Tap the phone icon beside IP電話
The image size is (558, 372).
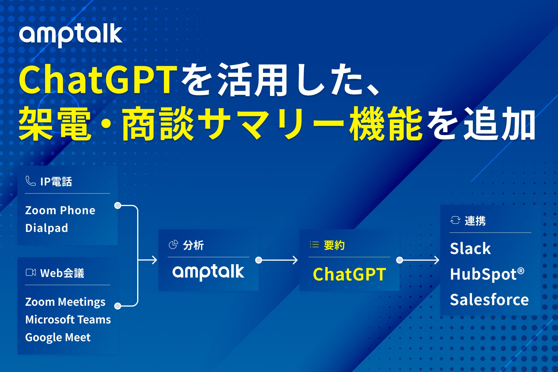(31, 181)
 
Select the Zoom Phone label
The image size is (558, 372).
(60, 210)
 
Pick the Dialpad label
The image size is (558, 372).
(46, 228)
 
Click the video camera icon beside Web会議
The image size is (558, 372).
(31, 272)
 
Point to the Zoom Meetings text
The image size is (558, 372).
(65, 302)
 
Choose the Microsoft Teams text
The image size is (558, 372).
(68, 319)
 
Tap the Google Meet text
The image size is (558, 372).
(58, 337)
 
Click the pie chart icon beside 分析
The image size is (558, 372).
(173, 245)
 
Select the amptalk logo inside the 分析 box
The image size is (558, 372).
(208, 272)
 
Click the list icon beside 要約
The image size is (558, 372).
(314, 244)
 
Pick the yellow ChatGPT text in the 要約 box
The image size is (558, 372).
(350, 274)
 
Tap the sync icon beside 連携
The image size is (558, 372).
(455, 220)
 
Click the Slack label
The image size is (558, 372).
(470, 248)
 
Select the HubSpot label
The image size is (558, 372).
(487, 274)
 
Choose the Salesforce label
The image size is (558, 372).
(489, 300)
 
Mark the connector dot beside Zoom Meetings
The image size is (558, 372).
(118, 306)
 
